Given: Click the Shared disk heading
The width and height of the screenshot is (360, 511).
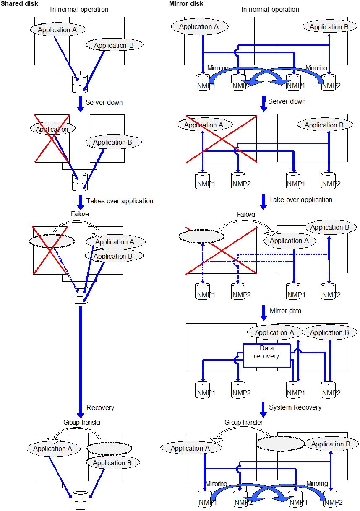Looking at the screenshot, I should [19, 3].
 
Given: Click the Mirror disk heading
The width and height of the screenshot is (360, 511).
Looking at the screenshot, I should [186, 3].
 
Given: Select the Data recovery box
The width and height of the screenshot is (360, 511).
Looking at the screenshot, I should [267, 355].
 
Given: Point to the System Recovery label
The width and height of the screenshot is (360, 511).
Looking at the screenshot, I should [295, 407].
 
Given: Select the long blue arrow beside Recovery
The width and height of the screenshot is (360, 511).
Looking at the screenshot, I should [81, 361].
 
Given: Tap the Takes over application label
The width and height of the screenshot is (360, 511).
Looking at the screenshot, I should [120, 201].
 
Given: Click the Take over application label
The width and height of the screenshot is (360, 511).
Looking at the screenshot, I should [300, 200].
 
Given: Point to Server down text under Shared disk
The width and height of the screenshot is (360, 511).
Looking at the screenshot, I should [104, 102].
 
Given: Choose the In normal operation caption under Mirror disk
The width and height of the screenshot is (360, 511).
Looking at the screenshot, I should [270, 9].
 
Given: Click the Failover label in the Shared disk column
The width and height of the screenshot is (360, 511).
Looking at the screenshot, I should [81, 214].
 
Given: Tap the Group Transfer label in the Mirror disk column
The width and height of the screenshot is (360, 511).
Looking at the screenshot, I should [243, 423].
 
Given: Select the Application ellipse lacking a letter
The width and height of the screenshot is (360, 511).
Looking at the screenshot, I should [52, 129].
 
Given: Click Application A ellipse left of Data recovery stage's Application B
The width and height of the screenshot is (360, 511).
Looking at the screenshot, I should [274, 332].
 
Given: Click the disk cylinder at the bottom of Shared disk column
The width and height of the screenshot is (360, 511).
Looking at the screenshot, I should [80, 500].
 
